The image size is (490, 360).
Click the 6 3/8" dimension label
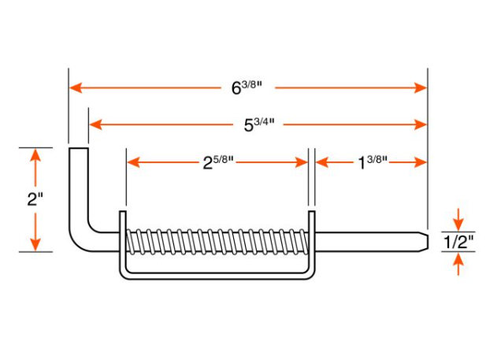(247, 87)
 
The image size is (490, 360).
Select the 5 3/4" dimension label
(259, 124)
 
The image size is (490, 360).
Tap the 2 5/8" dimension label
(218, 162)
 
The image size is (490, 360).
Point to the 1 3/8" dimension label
(372, 162)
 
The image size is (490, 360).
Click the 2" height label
(35, 199)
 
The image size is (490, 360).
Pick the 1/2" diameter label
(458, 242)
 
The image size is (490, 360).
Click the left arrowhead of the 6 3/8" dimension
(76, 87)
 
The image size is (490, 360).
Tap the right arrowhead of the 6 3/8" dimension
(421, 87)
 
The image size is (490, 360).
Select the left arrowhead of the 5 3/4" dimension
(95, 124)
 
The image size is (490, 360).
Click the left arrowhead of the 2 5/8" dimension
(133, 162)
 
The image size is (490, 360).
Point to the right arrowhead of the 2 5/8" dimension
(302, 162)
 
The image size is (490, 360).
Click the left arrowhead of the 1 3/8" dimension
(322, 162)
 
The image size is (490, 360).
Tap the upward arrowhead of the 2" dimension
(35, 155)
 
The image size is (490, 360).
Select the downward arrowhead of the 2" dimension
(35, 244)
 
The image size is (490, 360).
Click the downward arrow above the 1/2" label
(458, 220)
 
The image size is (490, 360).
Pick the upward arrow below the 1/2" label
(458, 264)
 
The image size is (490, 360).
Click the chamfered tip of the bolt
(424, 242)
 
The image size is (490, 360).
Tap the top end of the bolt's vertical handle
(79, 149)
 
